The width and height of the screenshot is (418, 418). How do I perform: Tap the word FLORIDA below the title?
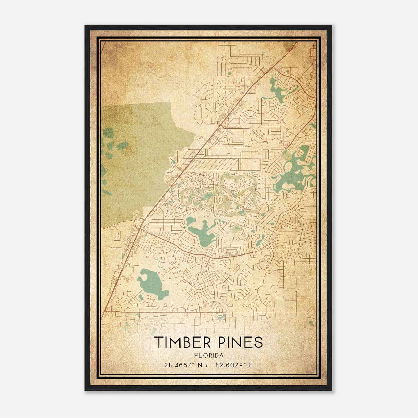tap(209, 355)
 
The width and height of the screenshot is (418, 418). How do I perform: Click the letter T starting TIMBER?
tap(159, 342)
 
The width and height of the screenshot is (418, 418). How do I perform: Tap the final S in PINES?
tap(258, 342)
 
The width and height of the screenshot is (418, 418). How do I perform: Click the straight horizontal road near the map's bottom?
tap(209, 312)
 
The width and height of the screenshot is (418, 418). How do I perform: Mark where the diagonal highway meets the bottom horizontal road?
tap(104, 312)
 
